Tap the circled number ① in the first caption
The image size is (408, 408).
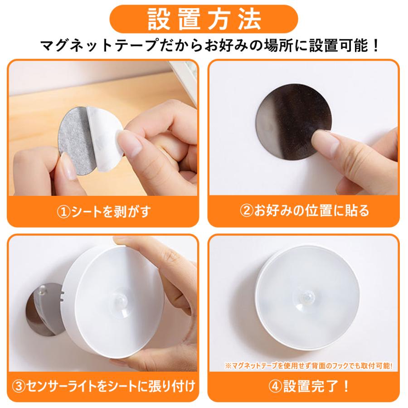pos(64,212)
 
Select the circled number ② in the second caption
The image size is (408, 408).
pos(247,211)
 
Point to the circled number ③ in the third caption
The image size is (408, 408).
pos(19,386)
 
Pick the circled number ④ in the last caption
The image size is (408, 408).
pos(275,386)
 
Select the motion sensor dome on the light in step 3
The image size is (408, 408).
pos(120,302)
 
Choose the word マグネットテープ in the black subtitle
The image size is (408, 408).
pos(99,45)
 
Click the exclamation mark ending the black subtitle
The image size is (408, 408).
pos(375,45)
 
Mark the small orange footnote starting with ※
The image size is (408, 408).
pos(309,365)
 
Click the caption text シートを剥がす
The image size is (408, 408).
pos(111,212)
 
